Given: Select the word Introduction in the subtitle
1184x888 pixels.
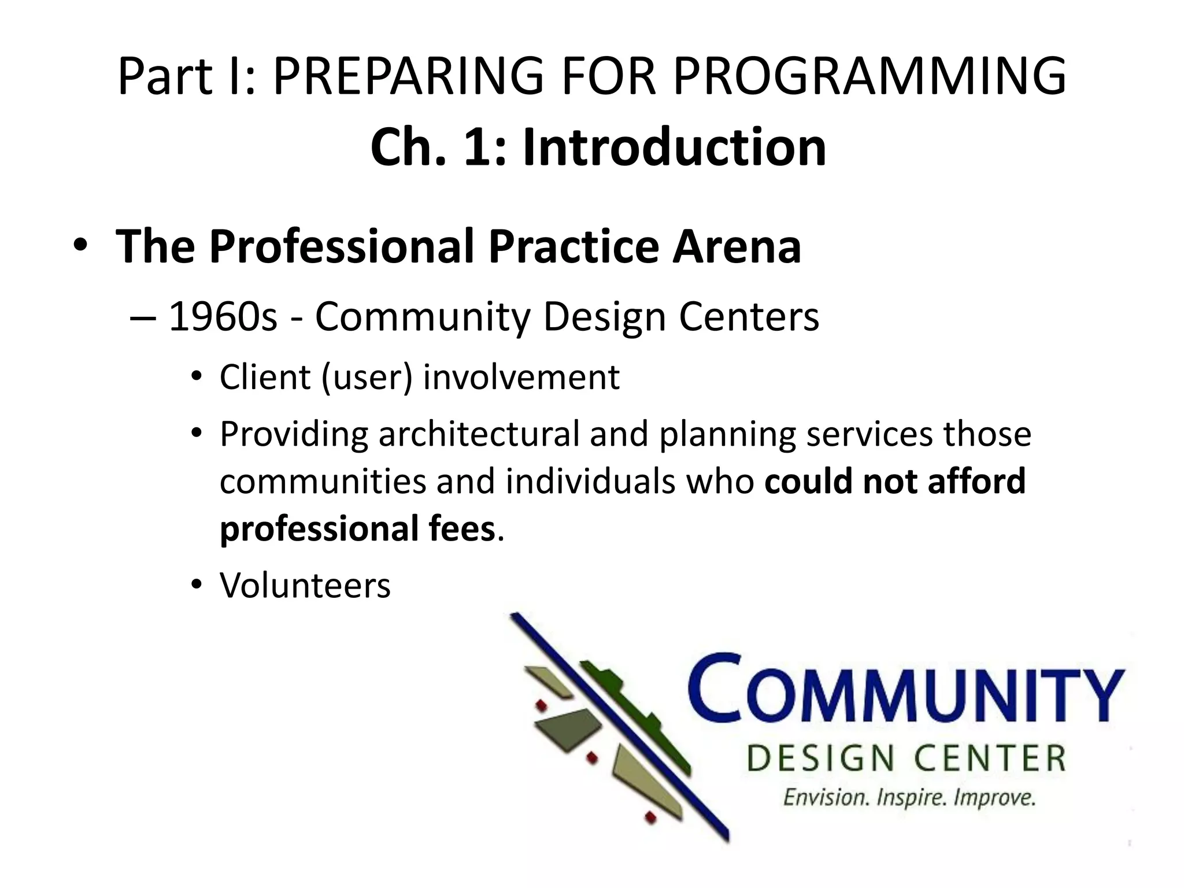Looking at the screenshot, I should click(x=674, y=147).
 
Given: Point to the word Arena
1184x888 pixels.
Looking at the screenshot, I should click(x=737, y=246).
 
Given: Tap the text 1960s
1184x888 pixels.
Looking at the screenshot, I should click(x=223, y=317).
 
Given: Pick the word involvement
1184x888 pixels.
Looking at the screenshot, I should click(x=521, y=377).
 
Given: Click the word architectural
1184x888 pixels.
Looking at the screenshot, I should click(x=479, y=434).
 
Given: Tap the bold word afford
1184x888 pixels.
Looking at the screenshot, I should click(x=976, y=481).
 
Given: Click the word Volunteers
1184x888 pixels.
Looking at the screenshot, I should click(x=305, y=585).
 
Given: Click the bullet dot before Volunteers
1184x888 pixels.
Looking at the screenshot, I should click(x=197, y=585).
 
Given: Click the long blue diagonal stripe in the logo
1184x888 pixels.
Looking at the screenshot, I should click(x=619, y=726).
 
